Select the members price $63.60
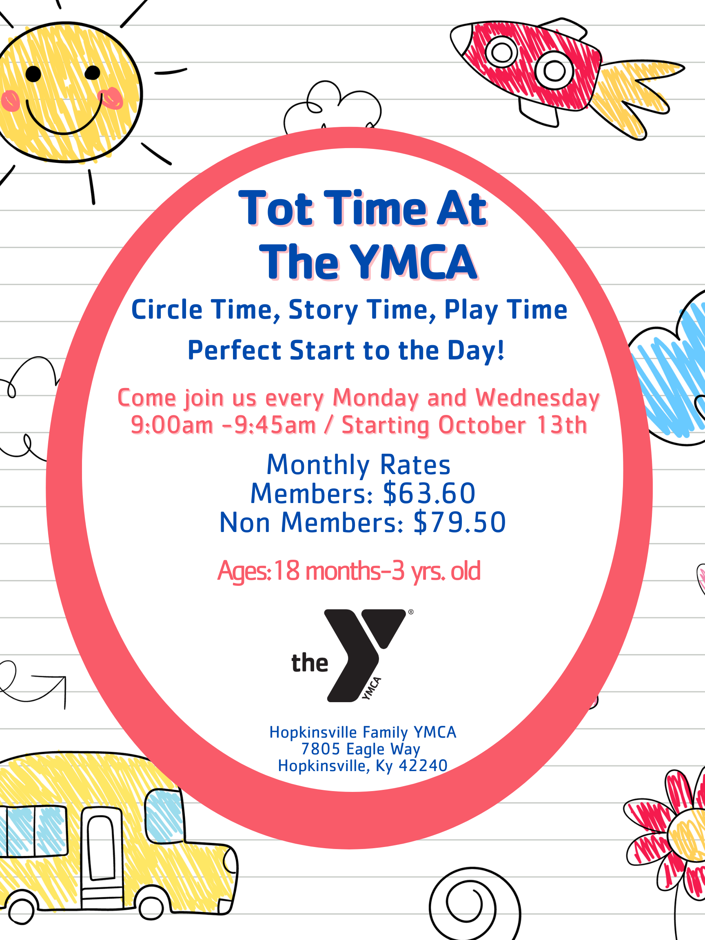pos(429,493)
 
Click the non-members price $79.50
pos(460,522)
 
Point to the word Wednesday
pos(537,398)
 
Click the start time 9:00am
pos(172,425)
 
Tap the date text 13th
pos(562,425)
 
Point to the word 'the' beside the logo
pos(310,663)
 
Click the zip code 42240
pos(423,766)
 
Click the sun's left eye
pos(33,74)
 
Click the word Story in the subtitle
pos(323,310)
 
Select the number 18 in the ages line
pos(287,571)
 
